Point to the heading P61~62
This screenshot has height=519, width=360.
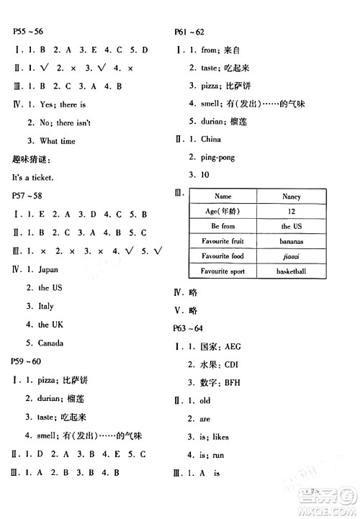pyautogui.click(x=190, y=32)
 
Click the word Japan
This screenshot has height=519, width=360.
pyautogui.click(x=48, y=269)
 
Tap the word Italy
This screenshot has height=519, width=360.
pyautogui.click(x=46, y=306)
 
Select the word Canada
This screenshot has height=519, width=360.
pyautogui.click(x=50, y=343)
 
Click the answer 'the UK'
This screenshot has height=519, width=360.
pyautogui.click(x=50, y=325)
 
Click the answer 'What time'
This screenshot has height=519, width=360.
pyautogui.click(x=57, y=141)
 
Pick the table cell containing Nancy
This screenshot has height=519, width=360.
pyautogui.click(x=292, y=196)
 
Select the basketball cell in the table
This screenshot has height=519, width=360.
pyautogui.click(x=292, y=271)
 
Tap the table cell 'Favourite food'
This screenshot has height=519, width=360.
pyautogui.click(x=223, y=256)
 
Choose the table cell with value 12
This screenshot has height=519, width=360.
pyautogui.click(x=292, y=211)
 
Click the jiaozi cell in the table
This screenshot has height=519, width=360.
pyautogui.click(x=292, y=256)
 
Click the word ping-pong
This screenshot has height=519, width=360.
pyautogui.click(x=217, y=157)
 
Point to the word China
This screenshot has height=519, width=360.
pyautogui.click(x=211, y=139)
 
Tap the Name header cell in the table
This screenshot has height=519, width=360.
pyautogui.click(x=223, y=196)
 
